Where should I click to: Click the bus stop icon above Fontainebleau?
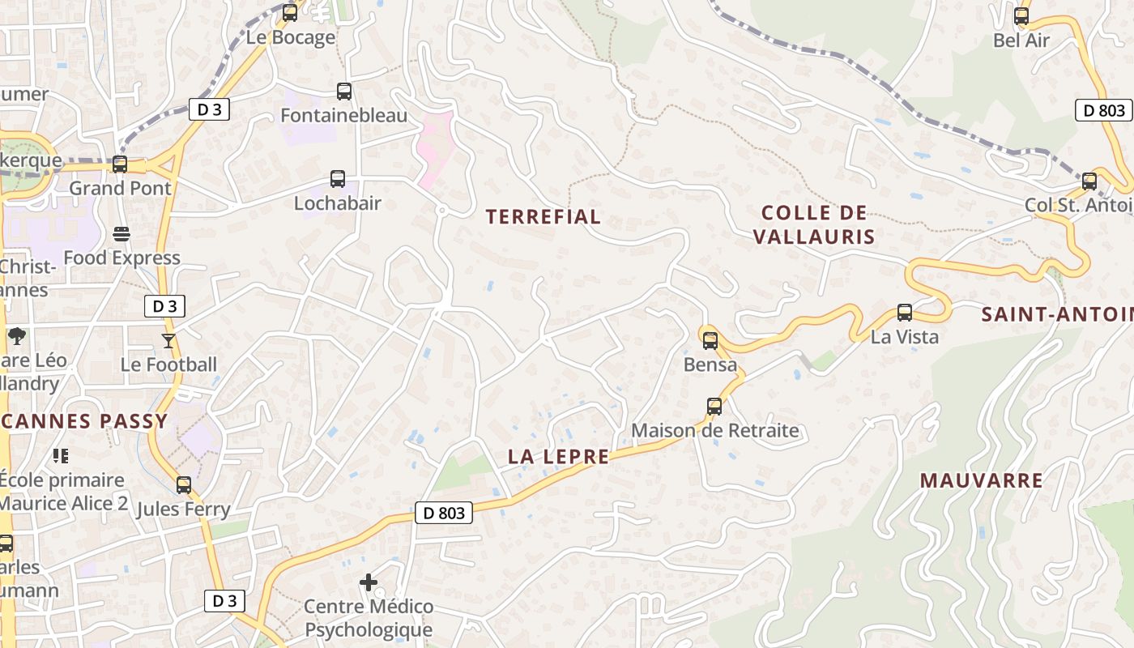[x=344, y=92]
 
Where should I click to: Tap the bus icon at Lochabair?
[x=338, y=179]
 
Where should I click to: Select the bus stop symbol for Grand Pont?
[x=120, y=164]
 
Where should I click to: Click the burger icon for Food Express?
[x=122, y=235]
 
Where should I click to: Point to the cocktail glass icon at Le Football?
[x=168, y=341]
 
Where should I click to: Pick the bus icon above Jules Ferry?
[x=184, y=485]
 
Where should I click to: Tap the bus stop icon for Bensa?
[x=710, y=341]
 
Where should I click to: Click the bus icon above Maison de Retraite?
[x=714, y=407]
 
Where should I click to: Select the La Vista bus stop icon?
[x=905, y=313]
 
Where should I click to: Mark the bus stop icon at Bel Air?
[x=1021, y=16]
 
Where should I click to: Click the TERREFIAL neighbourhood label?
[x=544, y=216]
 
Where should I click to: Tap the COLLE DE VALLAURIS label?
[x=814, y=224]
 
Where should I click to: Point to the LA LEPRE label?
[x=558, y=457]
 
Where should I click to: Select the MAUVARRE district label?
[x=982, y=480]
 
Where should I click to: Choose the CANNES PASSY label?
[x=84, y=421]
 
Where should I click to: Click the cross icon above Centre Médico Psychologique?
[x=369, y=582]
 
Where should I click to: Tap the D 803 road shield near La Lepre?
[x=444, y=513]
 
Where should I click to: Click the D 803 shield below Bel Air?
[x=1103, y=110]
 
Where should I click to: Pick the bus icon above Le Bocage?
[x=290, y=13]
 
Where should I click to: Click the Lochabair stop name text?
[x=337, y=203]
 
